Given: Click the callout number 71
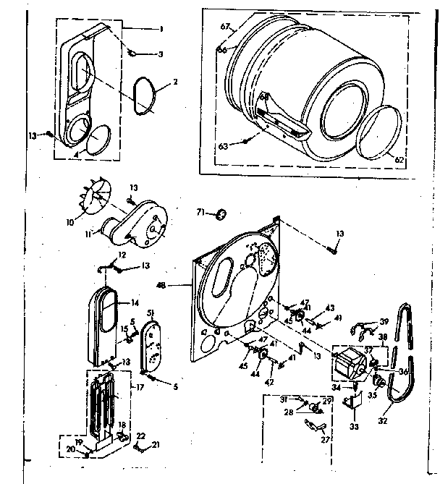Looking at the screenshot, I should pos(202,211).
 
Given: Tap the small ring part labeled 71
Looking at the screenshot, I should pos(221,213).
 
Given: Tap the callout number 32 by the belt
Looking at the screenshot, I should pos(383,420).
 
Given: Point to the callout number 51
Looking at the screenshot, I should pos(151,312).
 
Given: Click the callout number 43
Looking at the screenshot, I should pos(331,307).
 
